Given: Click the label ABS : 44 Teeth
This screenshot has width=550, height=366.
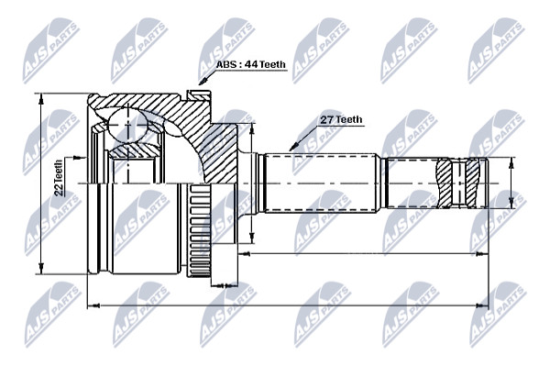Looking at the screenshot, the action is (x=250, y=64).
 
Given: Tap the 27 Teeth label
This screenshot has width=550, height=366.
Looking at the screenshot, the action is (x=341, y=119).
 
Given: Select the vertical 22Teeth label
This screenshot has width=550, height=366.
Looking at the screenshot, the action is (x=59, y=177).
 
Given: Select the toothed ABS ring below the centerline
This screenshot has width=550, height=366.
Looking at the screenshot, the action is (x=200, y=230).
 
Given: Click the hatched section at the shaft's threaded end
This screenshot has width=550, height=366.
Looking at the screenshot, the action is (x=458, y=183).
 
